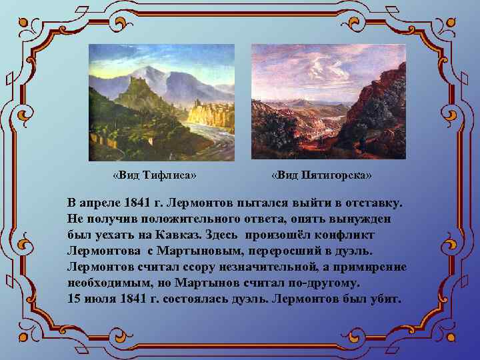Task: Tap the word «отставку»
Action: [370, 201]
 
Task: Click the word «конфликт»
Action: [343, 235]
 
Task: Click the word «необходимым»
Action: [107, 283]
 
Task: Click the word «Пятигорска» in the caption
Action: [337, 175]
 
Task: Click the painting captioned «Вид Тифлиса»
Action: [161, 103]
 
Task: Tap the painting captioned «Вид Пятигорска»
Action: [328, 101]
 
